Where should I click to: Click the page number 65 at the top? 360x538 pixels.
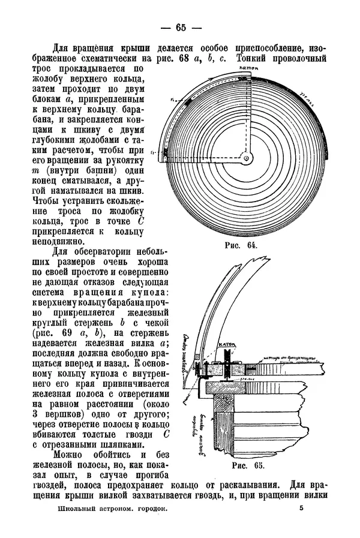[x=181, y=26]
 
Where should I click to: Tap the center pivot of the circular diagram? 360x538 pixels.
[x=245, y=159]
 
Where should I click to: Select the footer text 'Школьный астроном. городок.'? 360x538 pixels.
[x=110, y=507]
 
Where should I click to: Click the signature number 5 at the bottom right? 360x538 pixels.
[x=301, y=507]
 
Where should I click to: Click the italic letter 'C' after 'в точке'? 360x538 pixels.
[x=141, y=220]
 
